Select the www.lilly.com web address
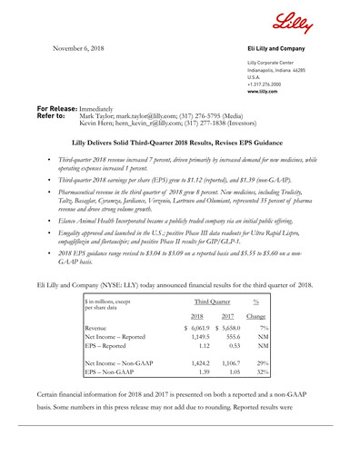tap(261, 93)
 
